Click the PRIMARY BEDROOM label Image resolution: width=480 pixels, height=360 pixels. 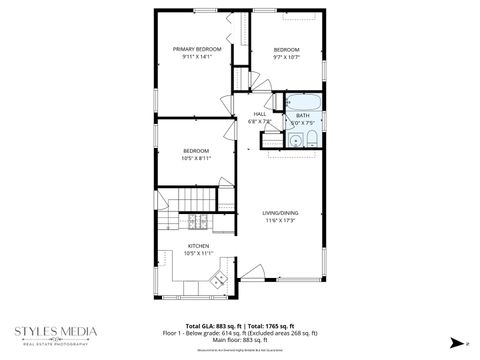tap(196, 49)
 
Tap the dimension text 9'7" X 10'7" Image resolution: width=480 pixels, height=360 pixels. tap(287, 57)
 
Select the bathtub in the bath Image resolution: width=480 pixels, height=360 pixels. tap(302, 102)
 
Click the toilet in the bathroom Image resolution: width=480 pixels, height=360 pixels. tap(311, 139)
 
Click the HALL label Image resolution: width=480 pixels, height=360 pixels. tap(260, 115)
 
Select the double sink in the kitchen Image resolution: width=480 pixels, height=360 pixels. tap(217, 284)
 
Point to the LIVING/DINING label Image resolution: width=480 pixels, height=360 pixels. tap(280, 212)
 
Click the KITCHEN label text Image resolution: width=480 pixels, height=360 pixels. tap(197, 246)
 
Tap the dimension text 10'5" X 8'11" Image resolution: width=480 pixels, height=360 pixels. tap(196, 158)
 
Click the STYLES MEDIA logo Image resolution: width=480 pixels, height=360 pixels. tap(56, 332)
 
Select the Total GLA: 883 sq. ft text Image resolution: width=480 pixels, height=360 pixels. tap(215, 326)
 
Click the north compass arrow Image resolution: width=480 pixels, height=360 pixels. tap(455, 341)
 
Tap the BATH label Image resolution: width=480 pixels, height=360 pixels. tap(302, 116)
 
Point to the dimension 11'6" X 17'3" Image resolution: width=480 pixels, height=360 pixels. tap(280, 220)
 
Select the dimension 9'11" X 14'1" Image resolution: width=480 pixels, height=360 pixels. tap(196, 57)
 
